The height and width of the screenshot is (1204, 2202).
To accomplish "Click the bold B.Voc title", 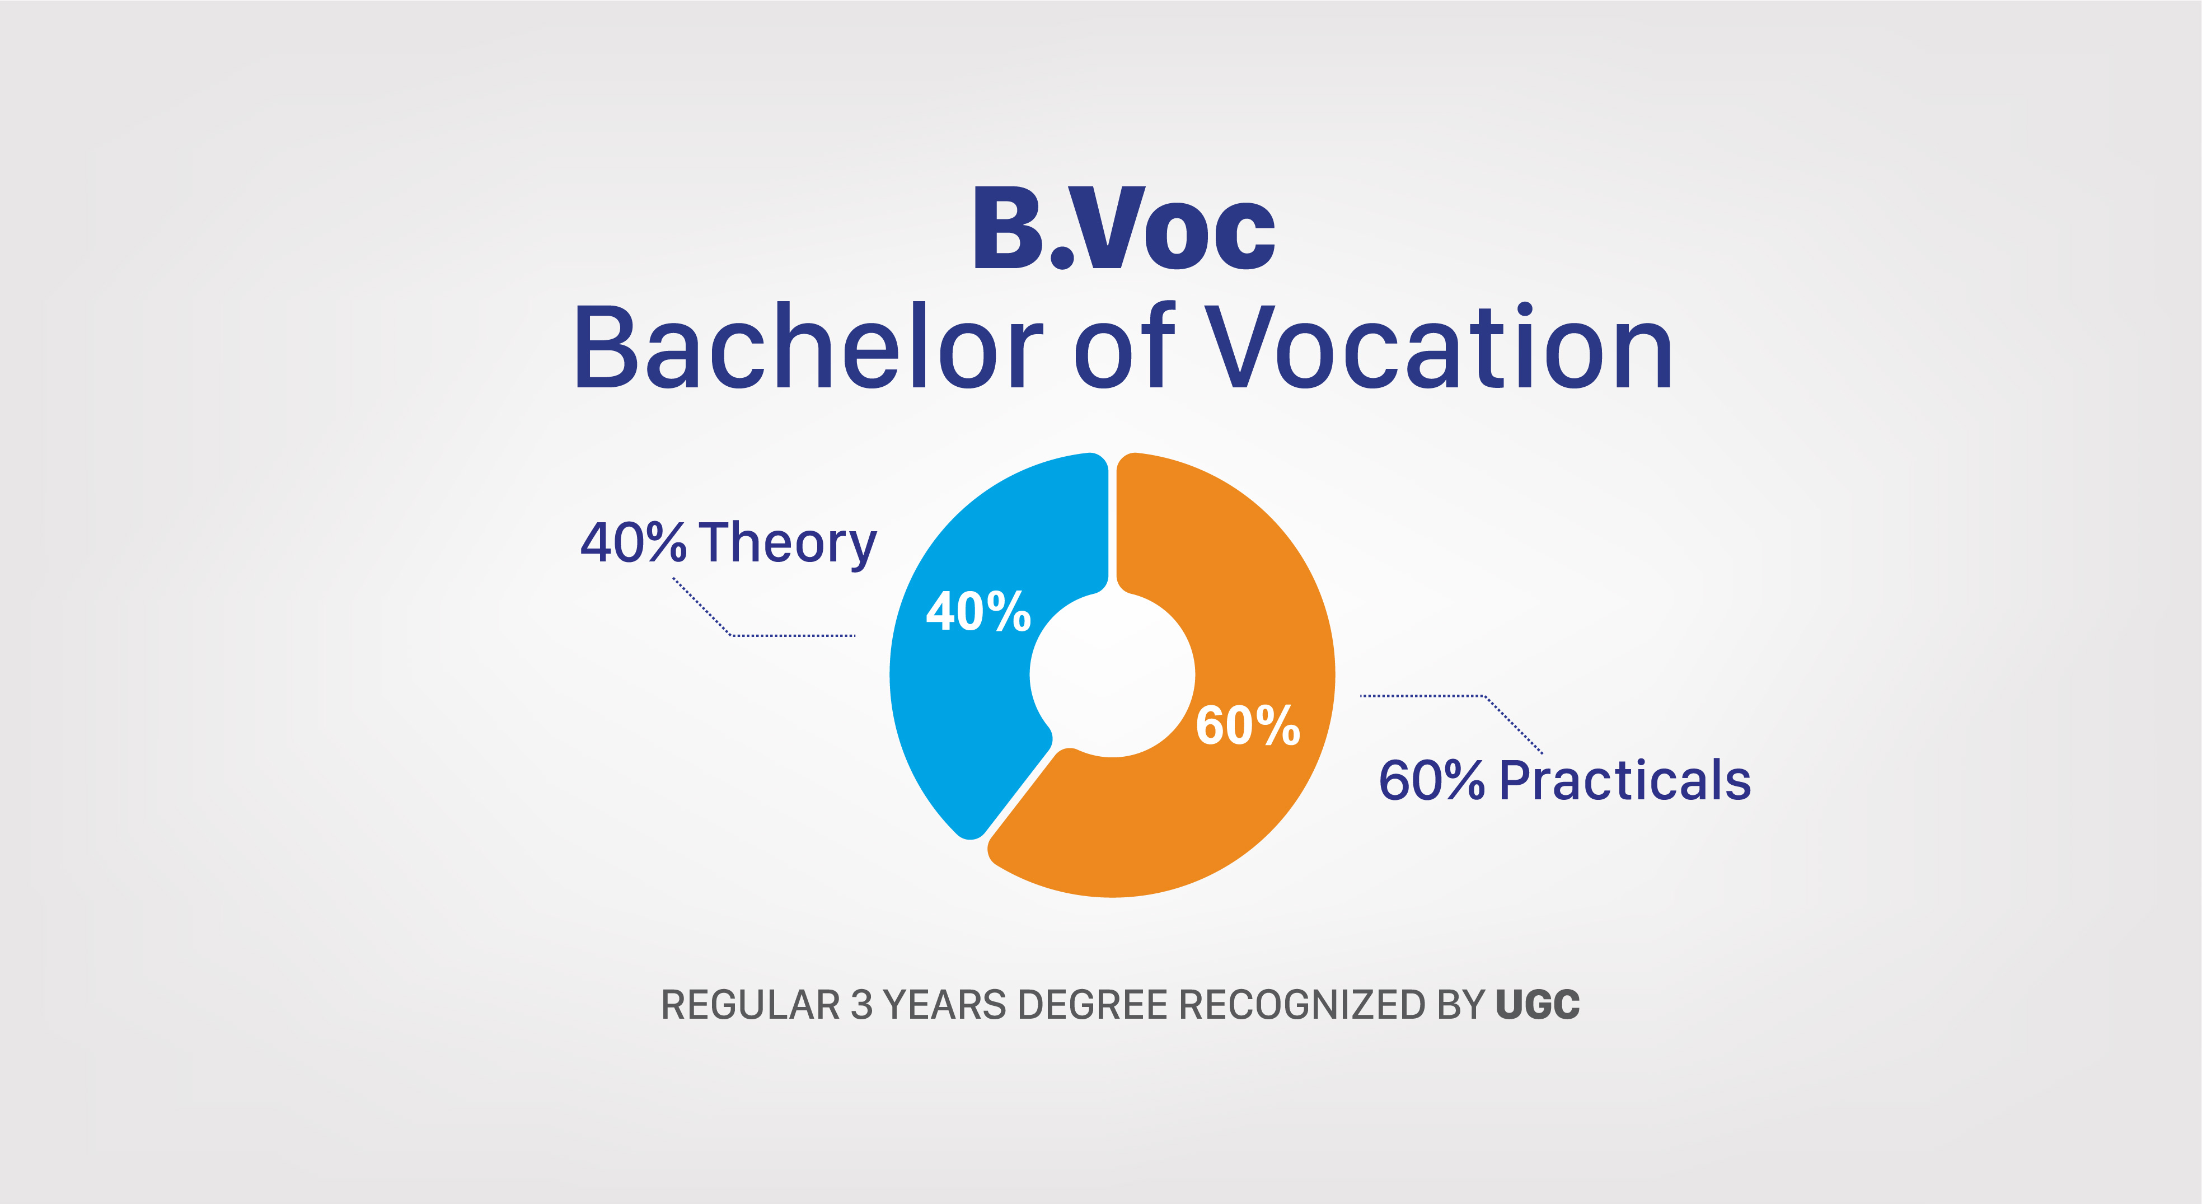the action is (1124, 228).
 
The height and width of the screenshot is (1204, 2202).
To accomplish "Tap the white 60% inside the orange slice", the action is (1248, 725).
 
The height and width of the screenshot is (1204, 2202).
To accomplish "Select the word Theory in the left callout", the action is (788, 544).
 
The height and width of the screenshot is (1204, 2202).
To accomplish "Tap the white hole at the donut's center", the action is (1112, 674).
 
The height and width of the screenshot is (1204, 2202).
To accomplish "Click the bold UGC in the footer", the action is (1538, 1005).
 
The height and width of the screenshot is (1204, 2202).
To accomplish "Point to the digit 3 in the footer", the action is (861, 1005).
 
